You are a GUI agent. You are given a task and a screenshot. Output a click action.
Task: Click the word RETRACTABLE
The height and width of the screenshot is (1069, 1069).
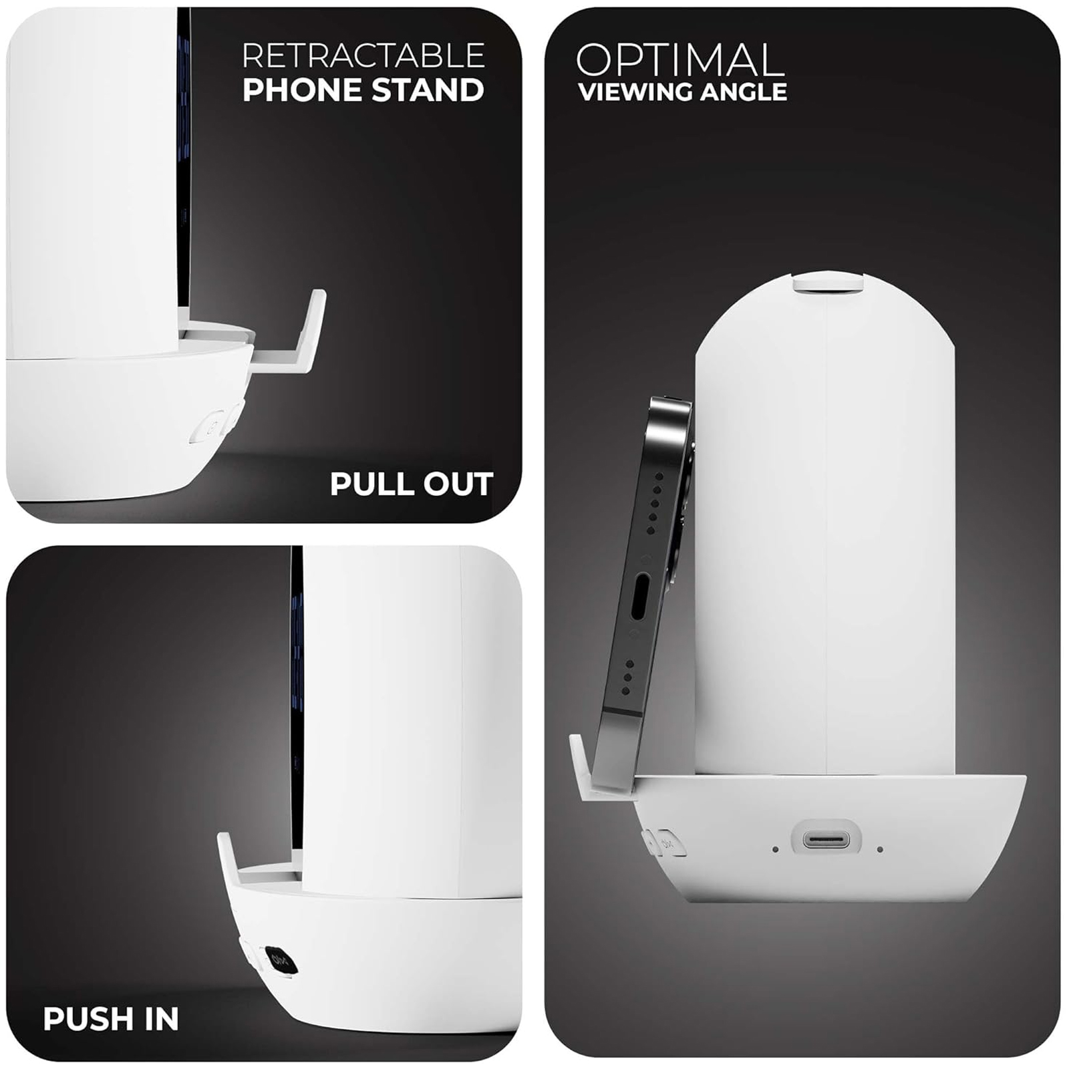pyautogui.click(x=363, y=55)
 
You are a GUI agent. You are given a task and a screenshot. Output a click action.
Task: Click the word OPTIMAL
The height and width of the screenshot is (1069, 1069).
pyautogui.click(x=680, y=60)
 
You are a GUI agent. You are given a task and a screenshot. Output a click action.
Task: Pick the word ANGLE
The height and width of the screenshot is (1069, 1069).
pyautogui.click(x=736, y=92)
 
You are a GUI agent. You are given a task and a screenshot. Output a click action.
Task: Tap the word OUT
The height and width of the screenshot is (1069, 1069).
pyautogui.click(x=456, y=484)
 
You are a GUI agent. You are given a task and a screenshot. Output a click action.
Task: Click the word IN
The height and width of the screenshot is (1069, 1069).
pyautogui.click(x=162, y=1019)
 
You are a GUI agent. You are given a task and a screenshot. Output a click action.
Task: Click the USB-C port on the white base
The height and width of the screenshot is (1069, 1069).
pyautogui.click(x=826, y=839)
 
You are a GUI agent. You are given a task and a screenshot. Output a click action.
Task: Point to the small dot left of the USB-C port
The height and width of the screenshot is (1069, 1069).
pyautogui.click(x=775, y=849)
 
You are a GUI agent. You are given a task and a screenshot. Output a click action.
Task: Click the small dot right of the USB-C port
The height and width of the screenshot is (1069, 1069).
pyautogui.click(x=880, y=849)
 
